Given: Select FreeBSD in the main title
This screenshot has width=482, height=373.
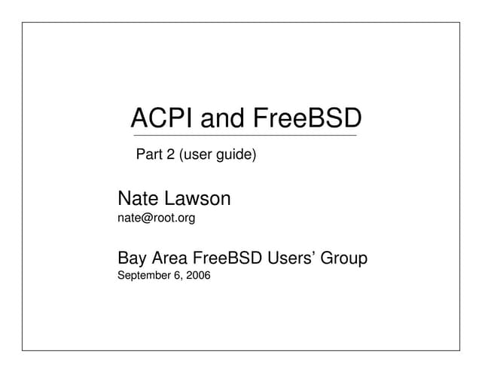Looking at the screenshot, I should (307, 118).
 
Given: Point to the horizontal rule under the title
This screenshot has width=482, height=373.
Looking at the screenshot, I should (245, 136).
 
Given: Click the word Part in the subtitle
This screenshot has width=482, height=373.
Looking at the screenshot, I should (148, 156).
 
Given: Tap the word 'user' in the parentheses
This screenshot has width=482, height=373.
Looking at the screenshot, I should (198, 157).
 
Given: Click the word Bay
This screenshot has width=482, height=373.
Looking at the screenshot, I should (133, 258).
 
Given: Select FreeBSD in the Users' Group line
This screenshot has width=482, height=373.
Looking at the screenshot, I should (228, 258).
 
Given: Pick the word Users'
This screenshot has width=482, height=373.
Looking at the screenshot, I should (291, 258).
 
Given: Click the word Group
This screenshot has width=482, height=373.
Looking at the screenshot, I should (344, 258).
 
